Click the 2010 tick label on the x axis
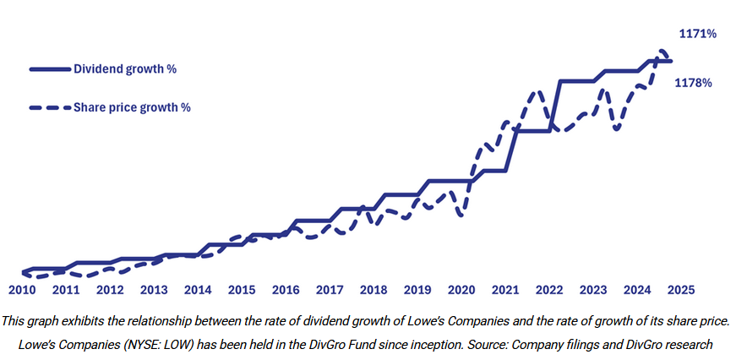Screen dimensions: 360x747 pyautogui.click(x=22, y=289)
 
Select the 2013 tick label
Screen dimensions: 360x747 pyautogui.click(x=154, y=289)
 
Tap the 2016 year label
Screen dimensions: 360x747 pyautogui.click(x=286, y=289)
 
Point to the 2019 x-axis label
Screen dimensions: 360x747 pyautogui.click(x=417, y=289)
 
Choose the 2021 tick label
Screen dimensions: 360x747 pyautogui.click(x=505, y=289)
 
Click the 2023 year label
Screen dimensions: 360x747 pyautogui.click(x=593, y=289)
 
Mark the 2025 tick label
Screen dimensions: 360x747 pyautogui.click(x=680, y=289)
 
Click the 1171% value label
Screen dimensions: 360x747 pyautogui.click(x=698, y=34)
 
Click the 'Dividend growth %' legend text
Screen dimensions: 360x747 pyautogui.click(x=125, y=68)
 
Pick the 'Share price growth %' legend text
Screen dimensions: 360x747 pyautogui.click(x=132, y=107)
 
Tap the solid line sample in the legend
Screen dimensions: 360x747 pyautogui.click(x=50, y=68)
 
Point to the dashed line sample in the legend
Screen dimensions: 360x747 pyautogui.click(x=50, y=107)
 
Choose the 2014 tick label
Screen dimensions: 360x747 pyautogui.click(x=198, y=289)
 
